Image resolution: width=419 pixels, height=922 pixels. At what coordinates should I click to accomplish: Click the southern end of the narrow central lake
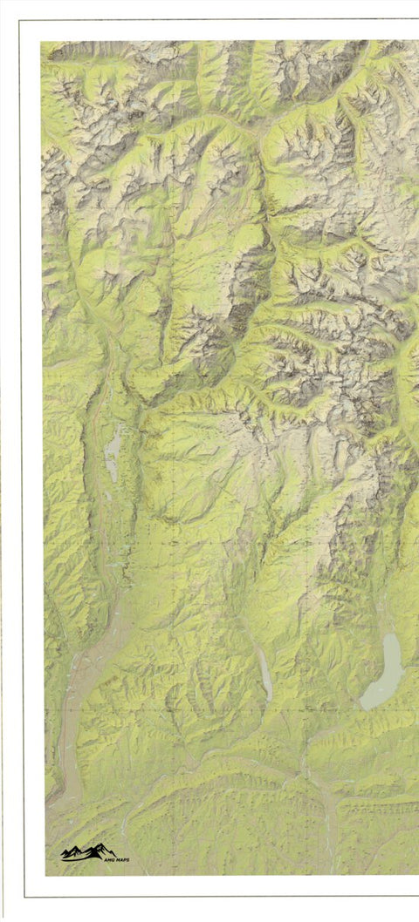coord(269,699)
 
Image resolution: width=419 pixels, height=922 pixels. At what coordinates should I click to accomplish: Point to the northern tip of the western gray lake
coord(116,424)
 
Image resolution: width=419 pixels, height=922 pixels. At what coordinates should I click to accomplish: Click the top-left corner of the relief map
coord(41,42)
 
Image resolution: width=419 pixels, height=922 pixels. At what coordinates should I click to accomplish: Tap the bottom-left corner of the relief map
coord(45,874)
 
